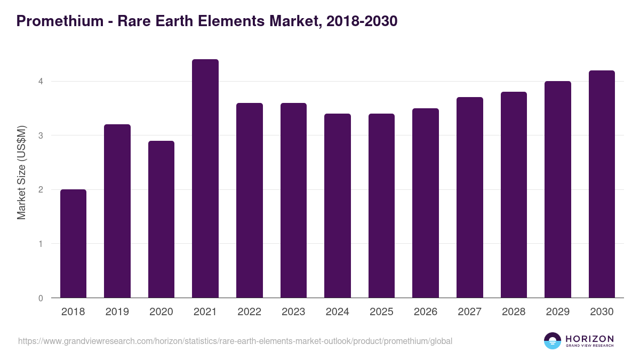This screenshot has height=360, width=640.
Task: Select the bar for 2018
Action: (x=73, y=244)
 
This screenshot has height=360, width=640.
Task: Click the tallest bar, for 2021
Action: (x=205, y=179)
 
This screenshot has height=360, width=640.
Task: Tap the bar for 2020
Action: (x=161, y=219)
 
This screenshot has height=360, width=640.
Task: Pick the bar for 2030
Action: (x=602, y=184)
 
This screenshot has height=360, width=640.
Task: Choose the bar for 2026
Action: (x=426, y=203)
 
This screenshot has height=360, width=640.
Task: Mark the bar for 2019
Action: (x=117, y=211)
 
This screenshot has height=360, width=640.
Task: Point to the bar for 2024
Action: (x=338, y=206)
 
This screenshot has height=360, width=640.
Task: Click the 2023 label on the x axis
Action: (x=293, y=312)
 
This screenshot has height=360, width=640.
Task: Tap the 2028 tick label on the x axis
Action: (x=514, y=312)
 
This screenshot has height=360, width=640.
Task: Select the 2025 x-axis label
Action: (x=381, y=312)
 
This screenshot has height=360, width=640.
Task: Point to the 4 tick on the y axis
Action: (x=40, y=82)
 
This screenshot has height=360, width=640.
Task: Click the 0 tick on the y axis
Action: (x=40, y=298)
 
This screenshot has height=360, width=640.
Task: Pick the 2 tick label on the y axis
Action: (x=40, y=190)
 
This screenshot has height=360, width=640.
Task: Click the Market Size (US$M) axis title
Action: (x=22, y=172)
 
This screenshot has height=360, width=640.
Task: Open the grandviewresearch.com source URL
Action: (x=235, y=341)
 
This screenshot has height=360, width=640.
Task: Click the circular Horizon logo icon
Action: (x=553, y=341)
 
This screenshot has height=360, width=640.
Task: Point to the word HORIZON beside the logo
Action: (x=589, y=339)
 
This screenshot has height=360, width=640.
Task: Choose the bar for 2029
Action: (x=558, y=189)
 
